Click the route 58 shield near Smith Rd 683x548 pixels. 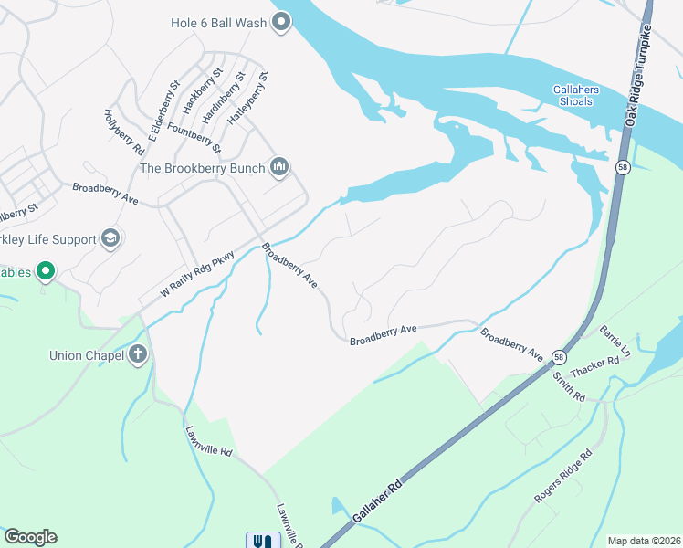[x=558, y=356]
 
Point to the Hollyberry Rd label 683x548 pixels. [x=124, y=131]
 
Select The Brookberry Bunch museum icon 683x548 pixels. [x=280, y=166]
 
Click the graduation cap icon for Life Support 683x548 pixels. [x=110, y=238]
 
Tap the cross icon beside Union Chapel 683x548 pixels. [x=138, y=354]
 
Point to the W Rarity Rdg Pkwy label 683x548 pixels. [x=197, y=274]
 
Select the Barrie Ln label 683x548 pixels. [x=614, y=339]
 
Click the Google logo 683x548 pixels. [x=30, y=537]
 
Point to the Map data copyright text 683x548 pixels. [x=643, y=541]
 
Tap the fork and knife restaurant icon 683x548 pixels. [x=262, y=541]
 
